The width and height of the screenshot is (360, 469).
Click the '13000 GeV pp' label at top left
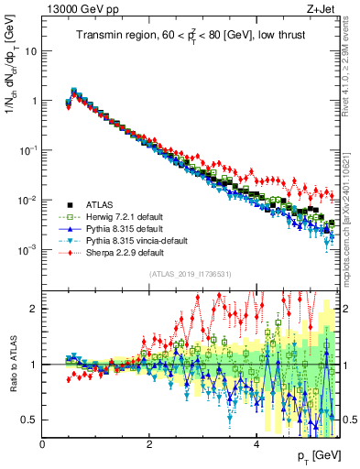[77, 10]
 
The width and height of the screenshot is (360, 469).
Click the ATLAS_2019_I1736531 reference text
[189, 274]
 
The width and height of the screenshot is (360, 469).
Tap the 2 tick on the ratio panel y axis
[35, 309]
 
